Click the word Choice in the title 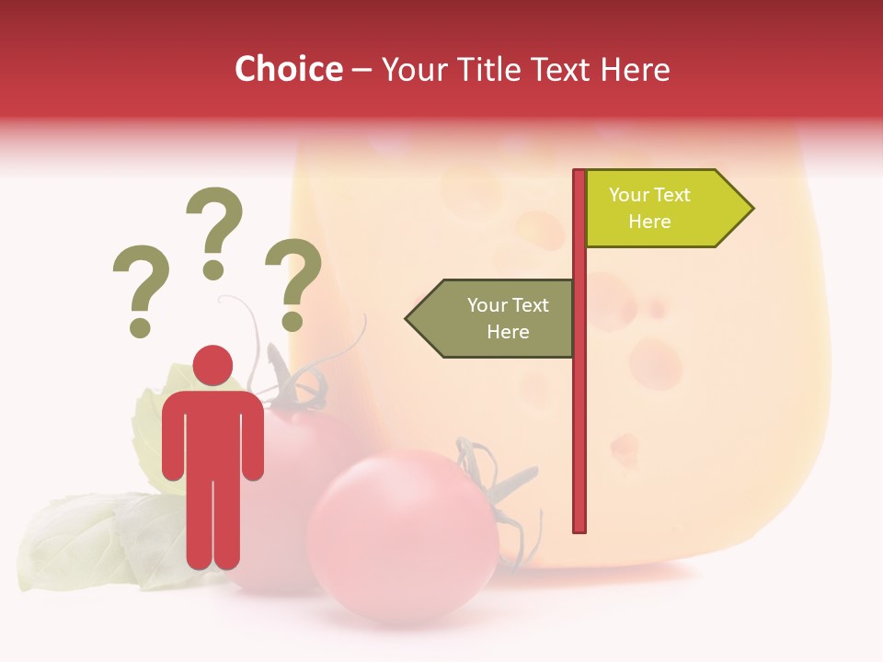pyautogui.click(x=288, y=70)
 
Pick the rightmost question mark pyautogui.click(x=293, y=281)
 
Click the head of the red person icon pyautogui.click(x=212, y=366)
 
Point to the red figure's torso pyautogui.click(x=212, y=432)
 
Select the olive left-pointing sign pyautogui.click(x=497, y=318)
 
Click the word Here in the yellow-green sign pyautogui.click(x=649, y=222)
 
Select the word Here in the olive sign pyautogui.click(x=508, y=332)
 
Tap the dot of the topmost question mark pyautogui.click(x=213, y=269)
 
